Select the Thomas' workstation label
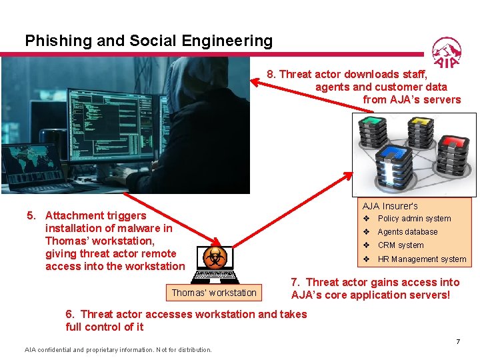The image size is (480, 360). [213, 293]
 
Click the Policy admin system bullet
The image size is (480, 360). [414, 219]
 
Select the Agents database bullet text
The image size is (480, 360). [407, 232]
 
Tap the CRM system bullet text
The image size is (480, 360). [401, 245]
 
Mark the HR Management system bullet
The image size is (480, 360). [422, 259]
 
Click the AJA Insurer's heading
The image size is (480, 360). [390, 206]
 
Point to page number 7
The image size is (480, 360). [458, 342]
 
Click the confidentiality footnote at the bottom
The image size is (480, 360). [118, 350]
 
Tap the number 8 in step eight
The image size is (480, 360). [271, 75]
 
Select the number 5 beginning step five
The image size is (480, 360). [30, 215]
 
